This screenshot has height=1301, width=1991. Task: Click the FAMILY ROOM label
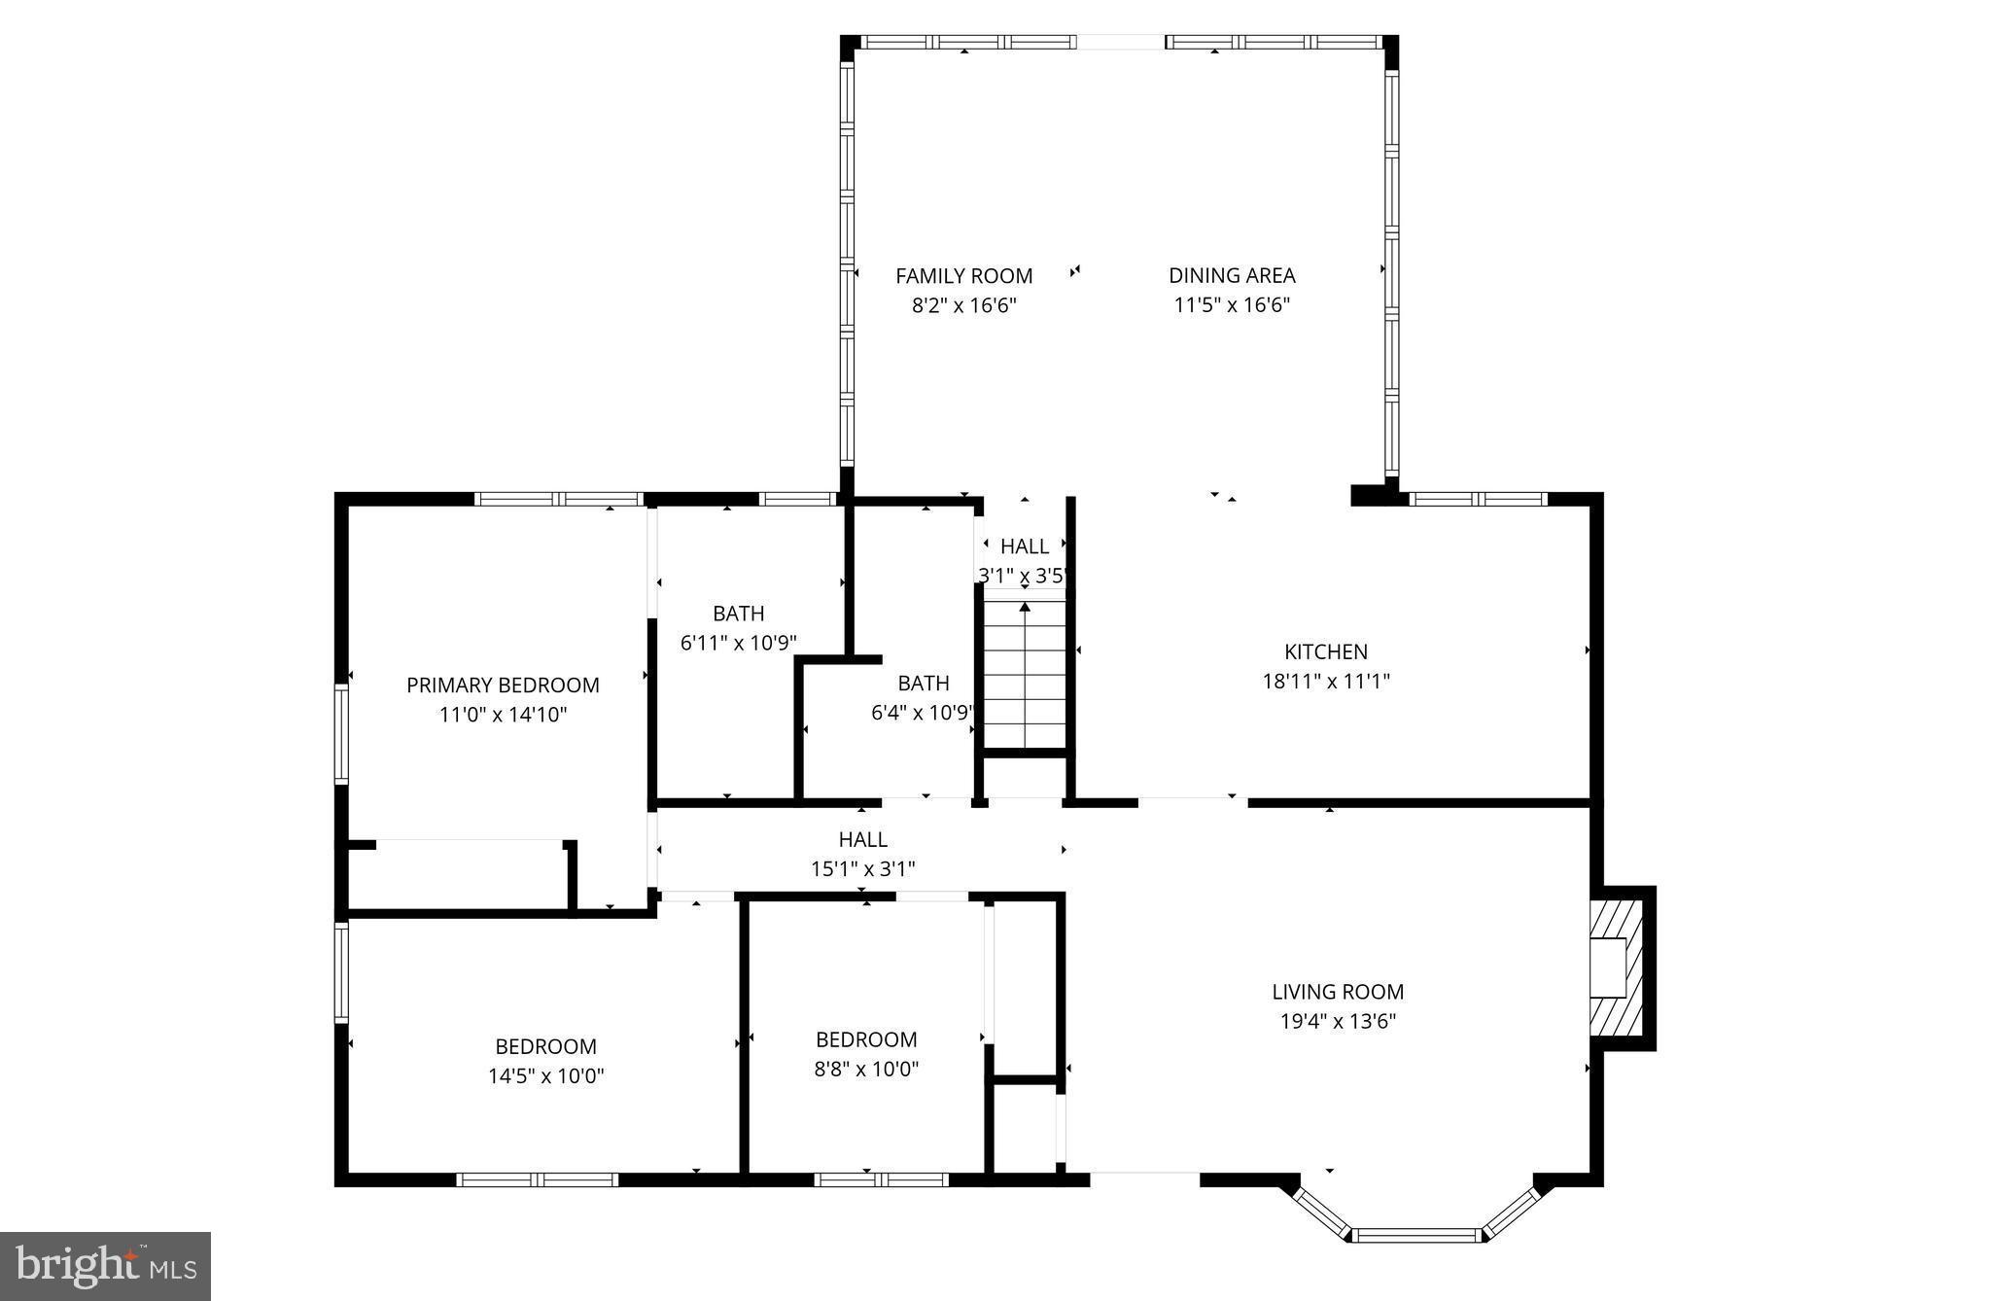pyautogui.click(x=963, y=276)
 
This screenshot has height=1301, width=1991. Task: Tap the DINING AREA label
pyautogui.click(x=1232, y=276)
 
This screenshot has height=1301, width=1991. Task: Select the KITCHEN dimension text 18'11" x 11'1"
pyautogui.click(x=1326, y=682)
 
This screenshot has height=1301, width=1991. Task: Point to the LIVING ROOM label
pyautogui.click(x=1338, y=992)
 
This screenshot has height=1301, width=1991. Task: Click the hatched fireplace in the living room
pyautogui.click(x=1618, y=967)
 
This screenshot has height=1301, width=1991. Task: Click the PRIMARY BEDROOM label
pyautogui.click(x=503, y=686)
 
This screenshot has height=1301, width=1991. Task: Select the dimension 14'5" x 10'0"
pyautogui.click(x=545, y=1076)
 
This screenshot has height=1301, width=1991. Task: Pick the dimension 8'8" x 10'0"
pyautogui.click(x=866, y=1070)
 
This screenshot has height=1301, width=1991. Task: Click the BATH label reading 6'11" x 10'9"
pyautogui.click(x=739, y=614)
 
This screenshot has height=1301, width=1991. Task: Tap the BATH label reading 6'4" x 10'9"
pyautogui.click(x=923, y=683)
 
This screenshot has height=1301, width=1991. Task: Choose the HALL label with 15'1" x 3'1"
pyautogui.click(x=863, y=839)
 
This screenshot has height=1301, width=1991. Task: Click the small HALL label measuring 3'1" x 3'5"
pyautogui.click(x=1025, y=546)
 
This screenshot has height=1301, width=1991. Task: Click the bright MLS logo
pyautogui.click(x=105, y=1266)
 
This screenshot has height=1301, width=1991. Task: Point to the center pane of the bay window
pyautogui.click(x=1415, y=1236)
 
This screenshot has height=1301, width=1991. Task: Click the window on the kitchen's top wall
pyautogui.click(x=1478, y=499)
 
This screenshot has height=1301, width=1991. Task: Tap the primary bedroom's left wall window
pyautogui.click(x=341, y=733)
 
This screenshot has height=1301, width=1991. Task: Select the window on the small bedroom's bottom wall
pyautogui.click(x=881, y=1179)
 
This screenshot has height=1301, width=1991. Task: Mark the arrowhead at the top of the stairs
pyautogui.click(x=1025, y=607)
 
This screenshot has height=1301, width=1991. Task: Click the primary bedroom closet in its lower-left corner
pyautogui.click(x=457, y=875)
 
